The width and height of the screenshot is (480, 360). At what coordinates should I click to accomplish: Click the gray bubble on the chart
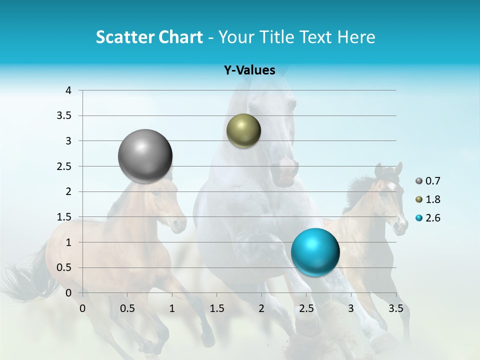coord(145,156)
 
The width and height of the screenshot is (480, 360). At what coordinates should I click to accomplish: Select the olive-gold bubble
coord(243,131)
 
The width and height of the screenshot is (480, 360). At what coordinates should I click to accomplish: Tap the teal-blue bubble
coord(315,251)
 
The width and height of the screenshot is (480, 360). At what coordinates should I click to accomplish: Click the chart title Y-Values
coord(249,70)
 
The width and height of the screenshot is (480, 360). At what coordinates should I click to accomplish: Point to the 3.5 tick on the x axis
coord(396,308)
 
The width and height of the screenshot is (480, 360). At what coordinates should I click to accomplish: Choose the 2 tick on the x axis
coord(261,308)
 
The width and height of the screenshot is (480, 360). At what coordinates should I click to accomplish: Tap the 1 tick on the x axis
coord(172,308)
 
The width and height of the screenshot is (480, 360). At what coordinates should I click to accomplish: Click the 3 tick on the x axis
coord(351,308)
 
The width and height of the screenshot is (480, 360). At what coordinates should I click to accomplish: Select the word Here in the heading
coord(355,37)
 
